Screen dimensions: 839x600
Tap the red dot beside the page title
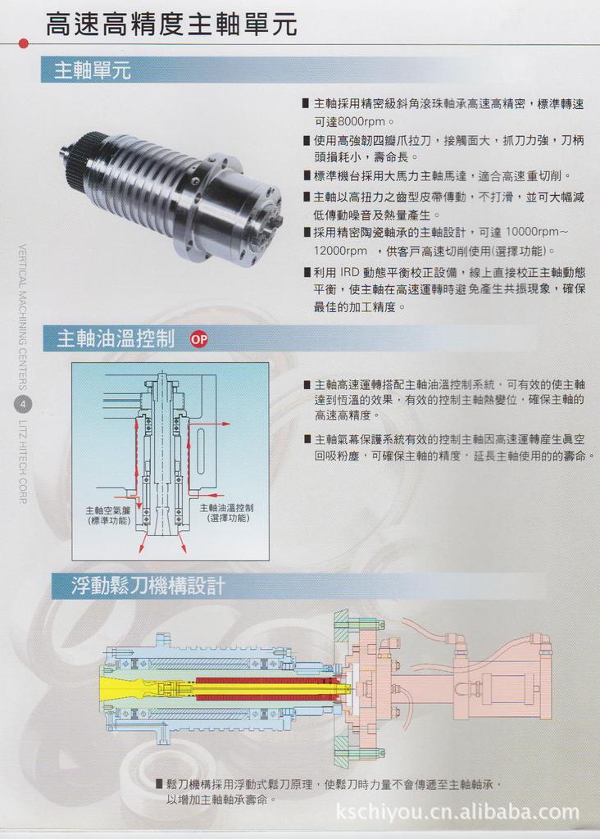pyautogui.click(x=23, y=43)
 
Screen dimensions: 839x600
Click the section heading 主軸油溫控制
pyautogui.click(x=115, y=338)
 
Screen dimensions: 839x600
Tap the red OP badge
pyautogui.click(x=199, y=339)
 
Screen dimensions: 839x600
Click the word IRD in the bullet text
pyautogui.click(x=352, y=271)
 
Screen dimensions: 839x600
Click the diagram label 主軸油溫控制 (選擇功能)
pyautogui.click(x=227, y=513)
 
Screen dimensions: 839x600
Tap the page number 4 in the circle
pyautogui.click(x=23, y=404)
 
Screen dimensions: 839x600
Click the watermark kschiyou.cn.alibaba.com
pyautogui.click(x=458, y=812)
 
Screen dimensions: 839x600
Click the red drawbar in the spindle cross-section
pyautogui.click(x=262, y=683)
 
